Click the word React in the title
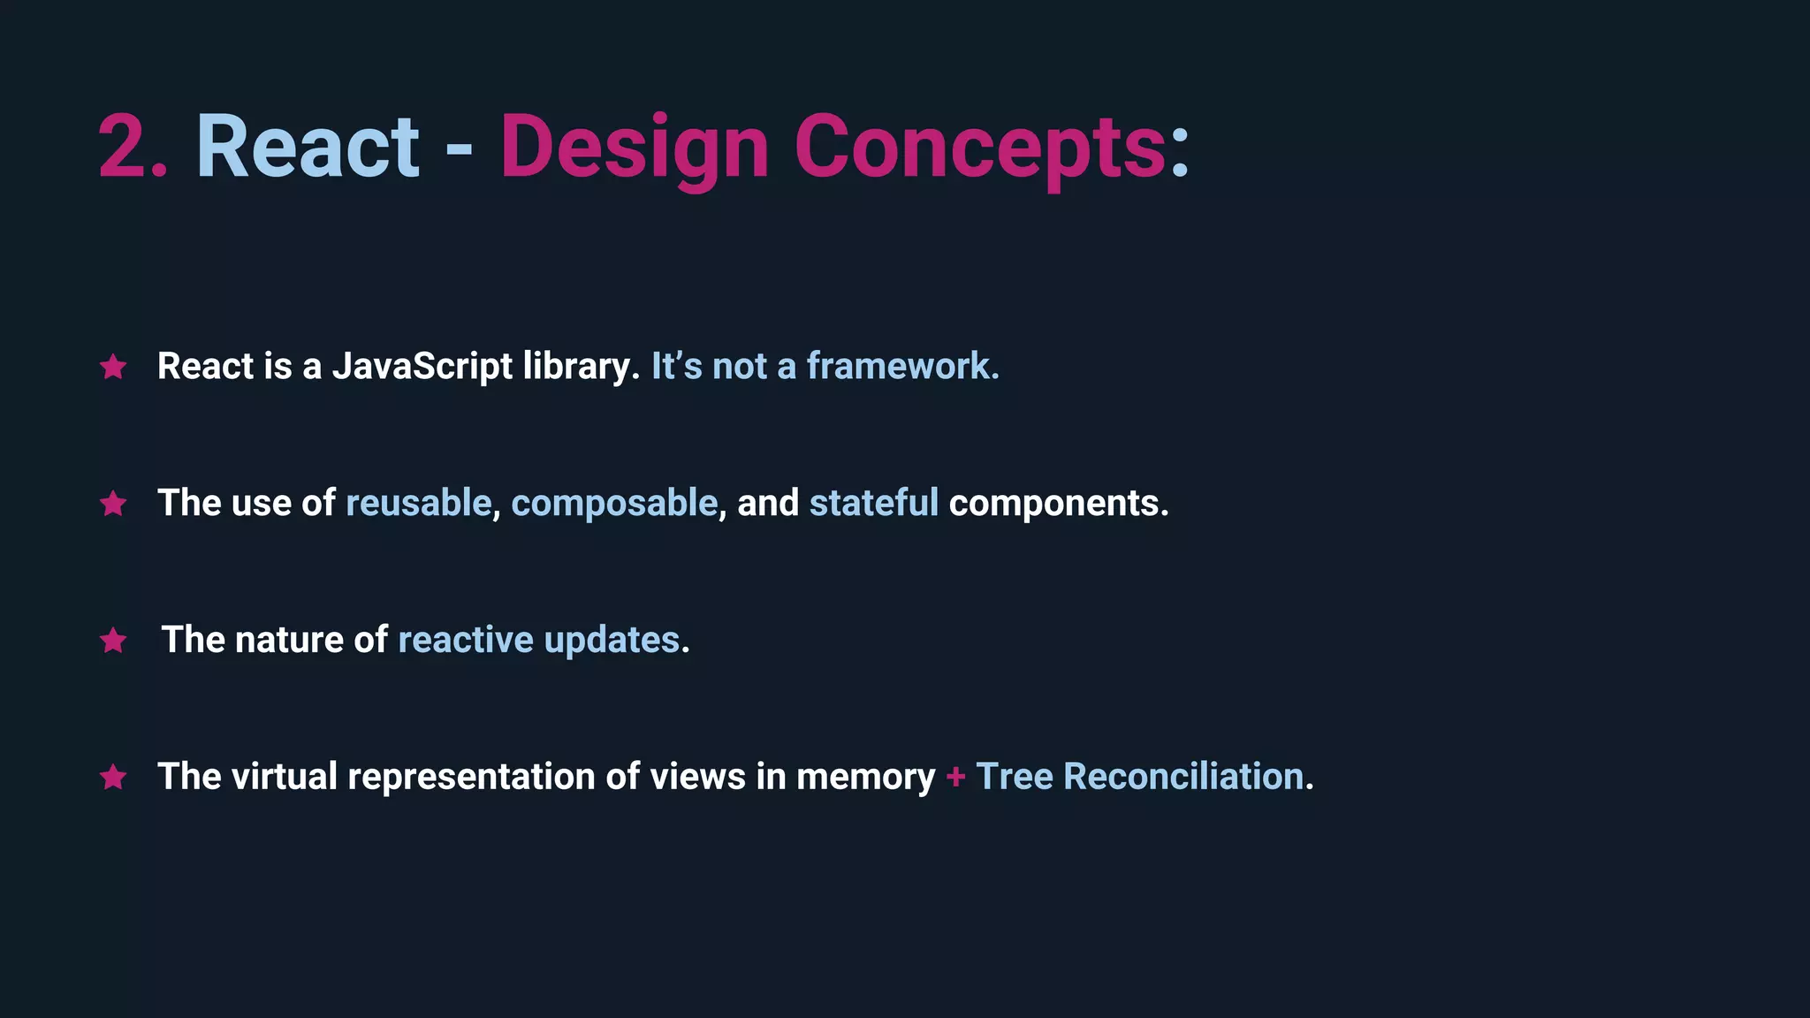(x=308, y=148)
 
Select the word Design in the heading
(x=634, y=148)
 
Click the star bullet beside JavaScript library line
(x=113, y=367)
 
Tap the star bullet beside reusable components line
(x=113, y=504)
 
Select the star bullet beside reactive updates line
(x=113, y=641)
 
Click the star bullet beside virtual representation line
(x=113, y=778)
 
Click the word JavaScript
(x=422, y=367)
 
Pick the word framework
(x=901, y=367)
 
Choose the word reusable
(x=418, y=503)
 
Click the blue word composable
(x=614, y=503)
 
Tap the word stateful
(x=873, y=503)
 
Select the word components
(x=1058, y=503)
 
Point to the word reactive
(x=466, y=640)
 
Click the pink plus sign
(x=955, y=777)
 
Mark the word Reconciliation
(x=1183, y=777)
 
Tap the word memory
(x=865, y=778)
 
